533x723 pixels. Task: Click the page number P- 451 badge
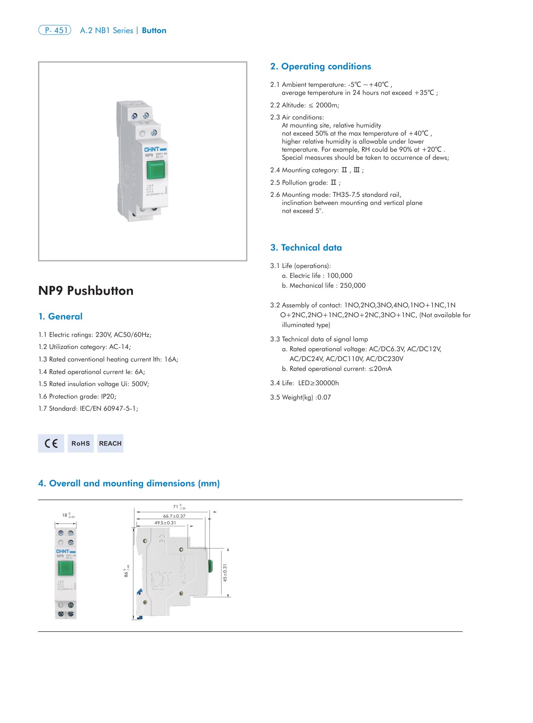click(55, 30)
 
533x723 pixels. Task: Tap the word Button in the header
click(154, 30)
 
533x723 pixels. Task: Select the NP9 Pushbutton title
click(86, 291)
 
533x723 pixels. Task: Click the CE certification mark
click(51, 443)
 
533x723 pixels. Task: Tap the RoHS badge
click(81, 443)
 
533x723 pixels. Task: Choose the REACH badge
click(110, 443)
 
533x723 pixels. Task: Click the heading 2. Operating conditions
click(320, 66)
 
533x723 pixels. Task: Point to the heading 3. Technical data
click(306, 247)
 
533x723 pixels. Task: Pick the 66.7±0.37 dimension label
click(174, 516)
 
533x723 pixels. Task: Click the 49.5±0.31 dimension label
click(165, 523)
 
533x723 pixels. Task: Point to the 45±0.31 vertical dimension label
click(225, 573)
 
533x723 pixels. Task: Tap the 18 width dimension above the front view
click(65, 515)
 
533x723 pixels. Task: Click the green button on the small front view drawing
click(66, 568)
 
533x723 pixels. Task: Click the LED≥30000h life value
click(318, 383)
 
